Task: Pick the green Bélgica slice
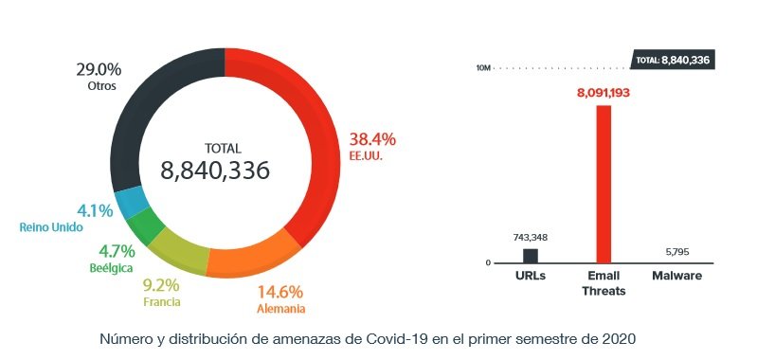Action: [x=146, y=225]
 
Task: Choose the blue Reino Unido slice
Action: [x=131, y=202]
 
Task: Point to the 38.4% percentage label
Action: [x=372, y=138]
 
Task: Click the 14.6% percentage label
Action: [x=280, y=292]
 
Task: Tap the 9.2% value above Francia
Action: [x=163, y=285]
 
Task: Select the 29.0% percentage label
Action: [x=98, y=69]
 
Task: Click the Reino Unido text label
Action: [x=51, y=227]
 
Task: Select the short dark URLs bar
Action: [x=531, y=256]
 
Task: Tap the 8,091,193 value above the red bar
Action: [x=604, y=93]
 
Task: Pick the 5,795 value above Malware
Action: [x=676, y=251]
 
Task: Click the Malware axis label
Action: [x=676, y=276]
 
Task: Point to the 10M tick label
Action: [x=483, y=68]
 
